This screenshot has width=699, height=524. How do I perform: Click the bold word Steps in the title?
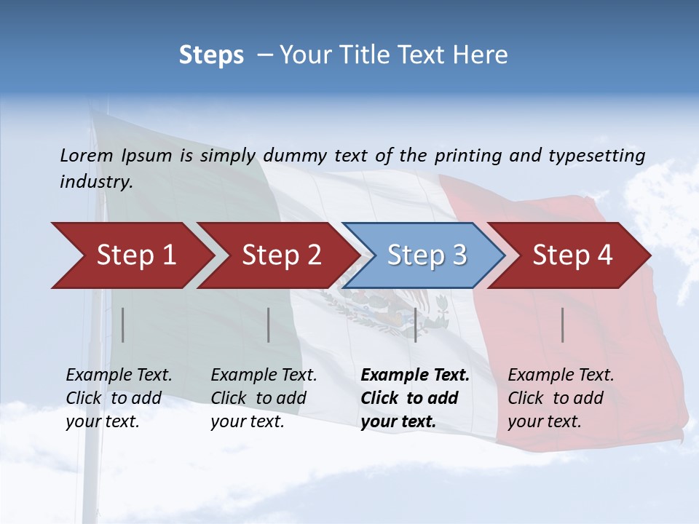pyautogui.click(x=211, y=55)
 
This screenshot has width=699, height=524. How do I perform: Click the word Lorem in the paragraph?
pyautogui.click(x=87, y=155)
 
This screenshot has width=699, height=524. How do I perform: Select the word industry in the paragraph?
pyautogui.click(x=96, y=182)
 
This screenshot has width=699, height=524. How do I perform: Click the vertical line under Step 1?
pyautogui.click(x=123, y=325)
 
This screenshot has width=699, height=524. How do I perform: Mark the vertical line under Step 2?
pyautogui.click(x=269, y=325)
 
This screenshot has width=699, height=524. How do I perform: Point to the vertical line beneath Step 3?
pyautogui.click(x=415, y=325)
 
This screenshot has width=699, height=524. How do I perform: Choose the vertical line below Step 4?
pyautogui.click(x=563, y=325)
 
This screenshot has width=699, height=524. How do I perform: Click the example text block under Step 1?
pyautogui.click(x=119, y=398)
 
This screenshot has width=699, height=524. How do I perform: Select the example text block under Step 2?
pyautogui.click(x=264, y=398)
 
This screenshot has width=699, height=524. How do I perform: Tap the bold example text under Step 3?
pyautogui.click(x=415, y=398)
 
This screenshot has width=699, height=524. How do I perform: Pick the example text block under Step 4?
pyautogui.click(x=561, y=398)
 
